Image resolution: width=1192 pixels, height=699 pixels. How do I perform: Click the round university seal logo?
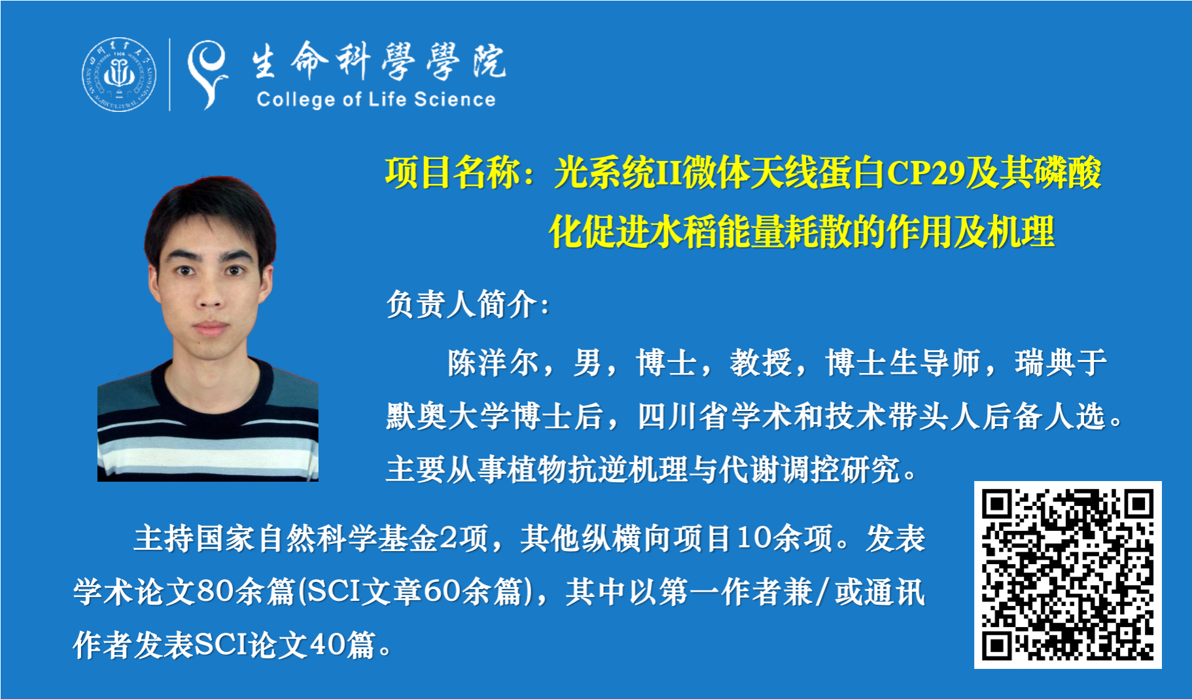pyautogui.click(x=119, y=74)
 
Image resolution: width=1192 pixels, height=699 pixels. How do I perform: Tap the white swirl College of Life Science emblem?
pyautogui.click(x=207, y=74)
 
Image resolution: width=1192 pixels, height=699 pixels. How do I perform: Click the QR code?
pyautogui.click(x=1068, y=575)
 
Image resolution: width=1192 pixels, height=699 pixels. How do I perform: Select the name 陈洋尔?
pyautogui.click(x=494, y=363)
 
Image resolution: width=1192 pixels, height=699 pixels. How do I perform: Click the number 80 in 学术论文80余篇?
pyautogui.click(x=215, y=591)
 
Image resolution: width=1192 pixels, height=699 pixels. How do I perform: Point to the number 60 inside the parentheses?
pyautogui.click(x=442, y=591)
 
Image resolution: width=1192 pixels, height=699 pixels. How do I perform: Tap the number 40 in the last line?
pyautogui.click(x=327, y=645)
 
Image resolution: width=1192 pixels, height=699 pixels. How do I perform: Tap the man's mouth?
pyautogui.click(x=210, y=328)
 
